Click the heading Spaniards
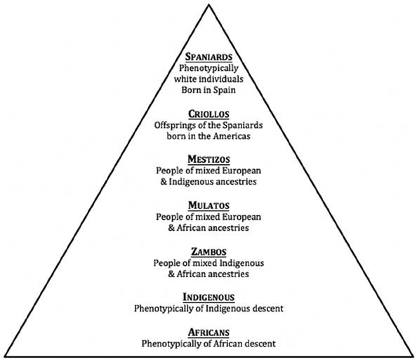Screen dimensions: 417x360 [208, 57]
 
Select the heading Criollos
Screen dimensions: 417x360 [208, 114]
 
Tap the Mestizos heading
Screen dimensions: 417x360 [208, 159]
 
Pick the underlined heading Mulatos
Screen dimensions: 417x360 [208, 205]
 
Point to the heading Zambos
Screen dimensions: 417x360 [208, 251]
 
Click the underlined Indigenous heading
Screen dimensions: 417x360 [208, 297]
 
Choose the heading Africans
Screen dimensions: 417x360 [208, 333]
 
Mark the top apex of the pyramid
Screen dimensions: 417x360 [209, 5]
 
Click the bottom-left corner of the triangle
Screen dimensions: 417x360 [5, 356]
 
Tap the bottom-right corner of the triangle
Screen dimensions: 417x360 [413, 356]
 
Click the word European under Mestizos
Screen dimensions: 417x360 [241, 171]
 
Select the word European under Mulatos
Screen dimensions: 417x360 [241, 217]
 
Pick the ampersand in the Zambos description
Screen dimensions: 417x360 [171, 274]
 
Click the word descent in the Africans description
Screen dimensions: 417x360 [260, 344]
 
